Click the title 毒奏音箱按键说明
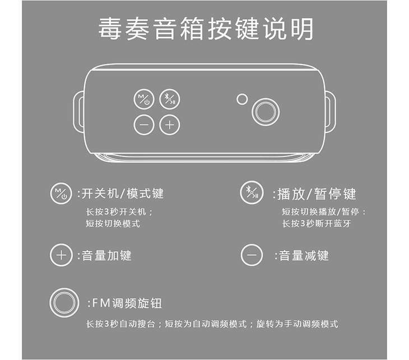click(206, 29)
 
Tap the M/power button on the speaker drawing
click(144, 99)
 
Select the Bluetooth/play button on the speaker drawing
click(170, 99)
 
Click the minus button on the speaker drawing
click(144, 125)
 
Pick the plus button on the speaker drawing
click(170, 125)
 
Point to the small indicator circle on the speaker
click(242, 99)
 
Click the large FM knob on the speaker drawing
click(266, 112)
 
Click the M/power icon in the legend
click(61, 193)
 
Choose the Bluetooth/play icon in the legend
click(252, 192)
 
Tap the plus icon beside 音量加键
click(61, 255)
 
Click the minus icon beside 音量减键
click(252, 255)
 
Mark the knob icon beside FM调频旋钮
click(64, 303)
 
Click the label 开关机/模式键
click(121, 193)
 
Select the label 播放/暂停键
click(314, 194)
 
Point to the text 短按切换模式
click(113, 224)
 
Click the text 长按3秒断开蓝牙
click(317, 224)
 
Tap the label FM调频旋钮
click(125, 303)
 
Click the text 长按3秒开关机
click(119, 211)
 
